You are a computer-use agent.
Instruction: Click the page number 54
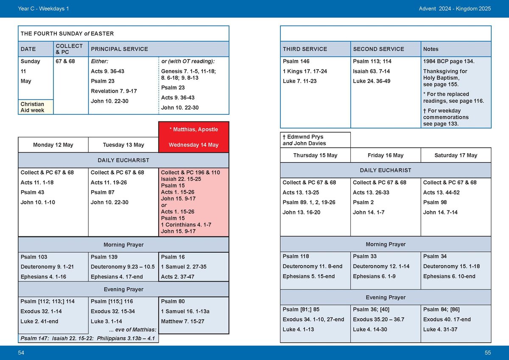click(21, 353)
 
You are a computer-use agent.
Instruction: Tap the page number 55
click(487, 353)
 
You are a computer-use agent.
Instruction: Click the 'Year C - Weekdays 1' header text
click(43, 8)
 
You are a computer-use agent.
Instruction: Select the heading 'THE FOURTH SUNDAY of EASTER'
click(67, 34)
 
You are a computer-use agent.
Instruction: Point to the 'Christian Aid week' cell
click(32, 107)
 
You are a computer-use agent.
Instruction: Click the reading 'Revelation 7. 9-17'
click(114, 91)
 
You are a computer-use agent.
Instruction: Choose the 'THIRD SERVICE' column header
click(305, 49)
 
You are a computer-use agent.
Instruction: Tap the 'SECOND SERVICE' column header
click(378, 49)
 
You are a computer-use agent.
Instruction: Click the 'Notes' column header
click(431, 49)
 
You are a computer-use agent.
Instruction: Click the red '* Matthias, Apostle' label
click(193, 129)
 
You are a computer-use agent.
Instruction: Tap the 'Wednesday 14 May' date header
click(193, 145)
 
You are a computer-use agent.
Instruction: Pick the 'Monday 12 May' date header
click(53, 145)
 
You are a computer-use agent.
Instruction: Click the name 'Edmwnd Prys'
click(302, 137)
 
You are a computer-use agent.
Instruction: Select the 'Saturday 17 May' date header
click(456, 155)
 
